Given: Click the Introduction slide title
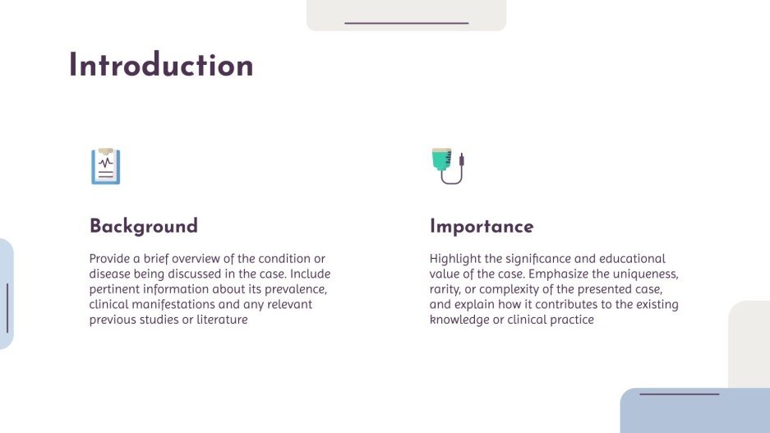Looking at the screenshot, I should point(161,66).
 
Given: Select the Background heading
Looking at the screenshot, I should point(144,226).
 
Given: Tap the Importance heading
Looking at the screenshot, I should point(482,226).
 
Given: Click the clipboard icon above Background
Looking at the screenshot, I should point(105,166).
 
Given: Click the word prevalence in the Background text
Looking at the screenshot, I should point(298,289).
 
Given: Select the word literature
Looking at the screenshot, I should point(219,320).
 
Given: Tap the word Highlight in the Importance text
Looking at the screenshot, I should point(455,259).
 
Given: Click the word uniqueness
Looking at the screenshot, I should point(641,274).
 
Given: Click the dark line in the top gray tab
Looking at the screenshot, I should point(406,23).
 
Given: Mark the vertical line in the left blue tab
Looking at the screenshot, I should point(7,308).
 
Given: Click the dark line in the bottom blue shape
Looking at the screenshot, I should point(679,394).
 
